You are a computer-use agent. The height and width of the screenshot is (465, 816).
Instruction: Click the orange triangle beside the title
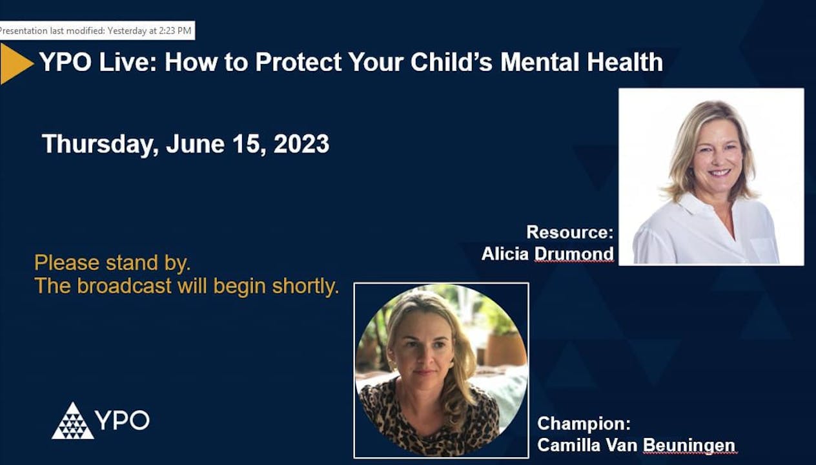tap(14, 63)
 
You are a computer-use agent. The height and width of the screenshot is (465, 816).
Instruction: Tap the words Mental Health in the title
tap(582, 63)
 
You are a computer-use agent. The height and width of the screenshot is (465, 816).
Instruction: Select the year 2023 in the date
tap(301, 143)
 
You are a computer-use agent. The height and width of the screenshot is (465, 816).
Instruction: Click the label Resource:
tap(569, 232)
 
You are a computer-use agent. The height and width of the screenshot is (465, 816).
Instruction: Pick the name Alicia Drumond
tap(547, 254)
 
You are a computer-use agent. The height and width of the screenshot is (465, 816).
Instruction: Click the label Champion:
tap(584, 424)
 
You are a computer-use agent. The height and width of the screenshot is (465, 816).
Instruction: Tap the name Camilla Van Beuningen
tap(636, 445)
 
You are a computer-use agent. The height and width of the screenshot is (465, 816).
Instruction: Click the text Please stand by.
tap(112, 263)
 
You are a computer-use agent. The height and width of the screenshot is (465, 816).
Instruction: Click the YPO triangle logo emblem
tap(72, 421)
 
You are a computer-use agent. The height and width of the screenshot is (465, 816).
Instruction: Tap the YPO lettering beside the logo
tap(123, 420)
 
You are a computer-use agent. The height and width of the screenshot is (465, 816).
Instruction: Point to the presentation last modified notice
tap(97, 30)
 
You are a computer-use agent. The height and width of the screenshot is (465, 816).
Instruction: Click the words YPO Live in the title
tap(97, 63)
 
